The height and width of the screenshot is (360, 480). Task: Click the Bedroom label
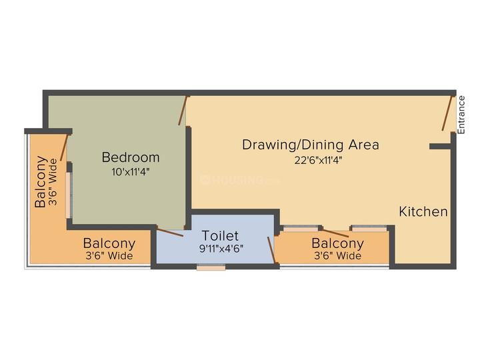(x=131, y=157)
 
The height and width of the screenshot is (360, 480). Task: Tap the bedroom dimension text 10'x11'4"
(x=131, y=171)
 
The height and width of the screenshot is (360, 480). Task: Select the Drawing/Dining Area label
(x=311, y=145)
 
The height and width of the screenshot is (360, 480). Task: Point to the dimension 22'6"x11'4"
(x=311, y=159)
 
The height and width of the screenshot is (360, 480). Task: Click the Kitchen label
(x=423, y=212)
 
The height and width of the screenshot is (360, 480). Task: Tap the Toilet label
(x=220, y=236)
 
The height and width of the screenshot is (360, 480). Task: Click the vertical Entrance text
(x=461, y=114)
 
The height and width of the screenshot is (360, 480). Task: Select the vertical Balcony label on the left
(x=41, y=181)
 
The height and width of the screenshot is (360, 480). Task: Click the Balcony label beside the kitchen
(x=337, y=243)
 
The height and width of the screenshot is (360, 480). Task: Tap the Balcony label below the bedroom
(x=109, y=243)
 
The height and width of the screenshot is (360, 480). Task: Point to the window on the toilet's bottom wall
(x=211, y=267)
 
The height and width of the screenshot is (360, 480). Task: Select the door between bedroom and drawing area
(x=183, y=110)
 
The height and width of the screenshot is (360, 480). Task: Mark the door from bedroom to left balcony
(x=65, y=147)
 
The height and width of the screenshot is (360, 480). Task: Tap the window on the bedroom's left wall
(x=68, y=194)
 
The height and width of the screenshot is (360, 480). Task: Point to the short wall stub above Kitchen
(x=439, y=145)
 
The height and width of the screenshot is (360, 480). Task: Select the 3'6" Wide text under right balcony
(x=337, y=256)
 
